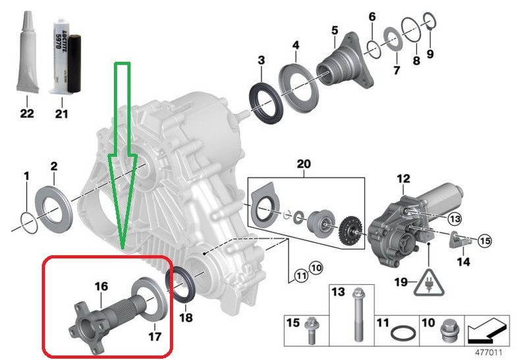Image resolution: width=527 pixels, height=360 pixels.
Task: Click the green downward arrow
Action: click(123, 155)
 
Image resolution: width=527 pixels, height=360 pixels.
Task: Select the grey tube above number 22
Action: click(27, 52)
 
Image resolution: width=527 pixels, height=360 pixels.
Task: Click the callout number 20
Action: click(304, 165)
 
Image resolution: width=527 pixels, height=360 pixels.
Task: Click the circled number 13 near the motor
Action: click(455, 219)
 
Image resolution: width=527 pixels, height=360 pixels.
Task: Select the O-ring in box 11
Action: click(403, 334)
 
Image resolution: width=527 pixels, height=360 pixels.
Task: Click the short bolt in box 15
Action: click(310, 330)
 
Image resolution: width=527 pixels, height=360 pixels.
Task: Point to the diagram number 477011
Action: click(489, 353)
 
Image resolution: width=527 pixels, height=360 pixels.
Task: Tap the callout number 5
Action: click(335, 30)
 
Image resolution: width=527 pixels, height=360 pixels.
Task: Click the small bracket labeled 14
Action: click(460, 240)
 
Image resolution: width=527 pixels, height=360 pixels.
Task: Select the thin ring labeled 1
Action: click(28, 222)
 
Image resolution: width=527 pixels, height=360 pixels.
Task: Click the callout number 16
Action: click(101, 286)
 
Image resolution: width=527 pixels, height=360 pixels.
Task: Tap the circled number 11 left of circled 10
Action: click(301, 276)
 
